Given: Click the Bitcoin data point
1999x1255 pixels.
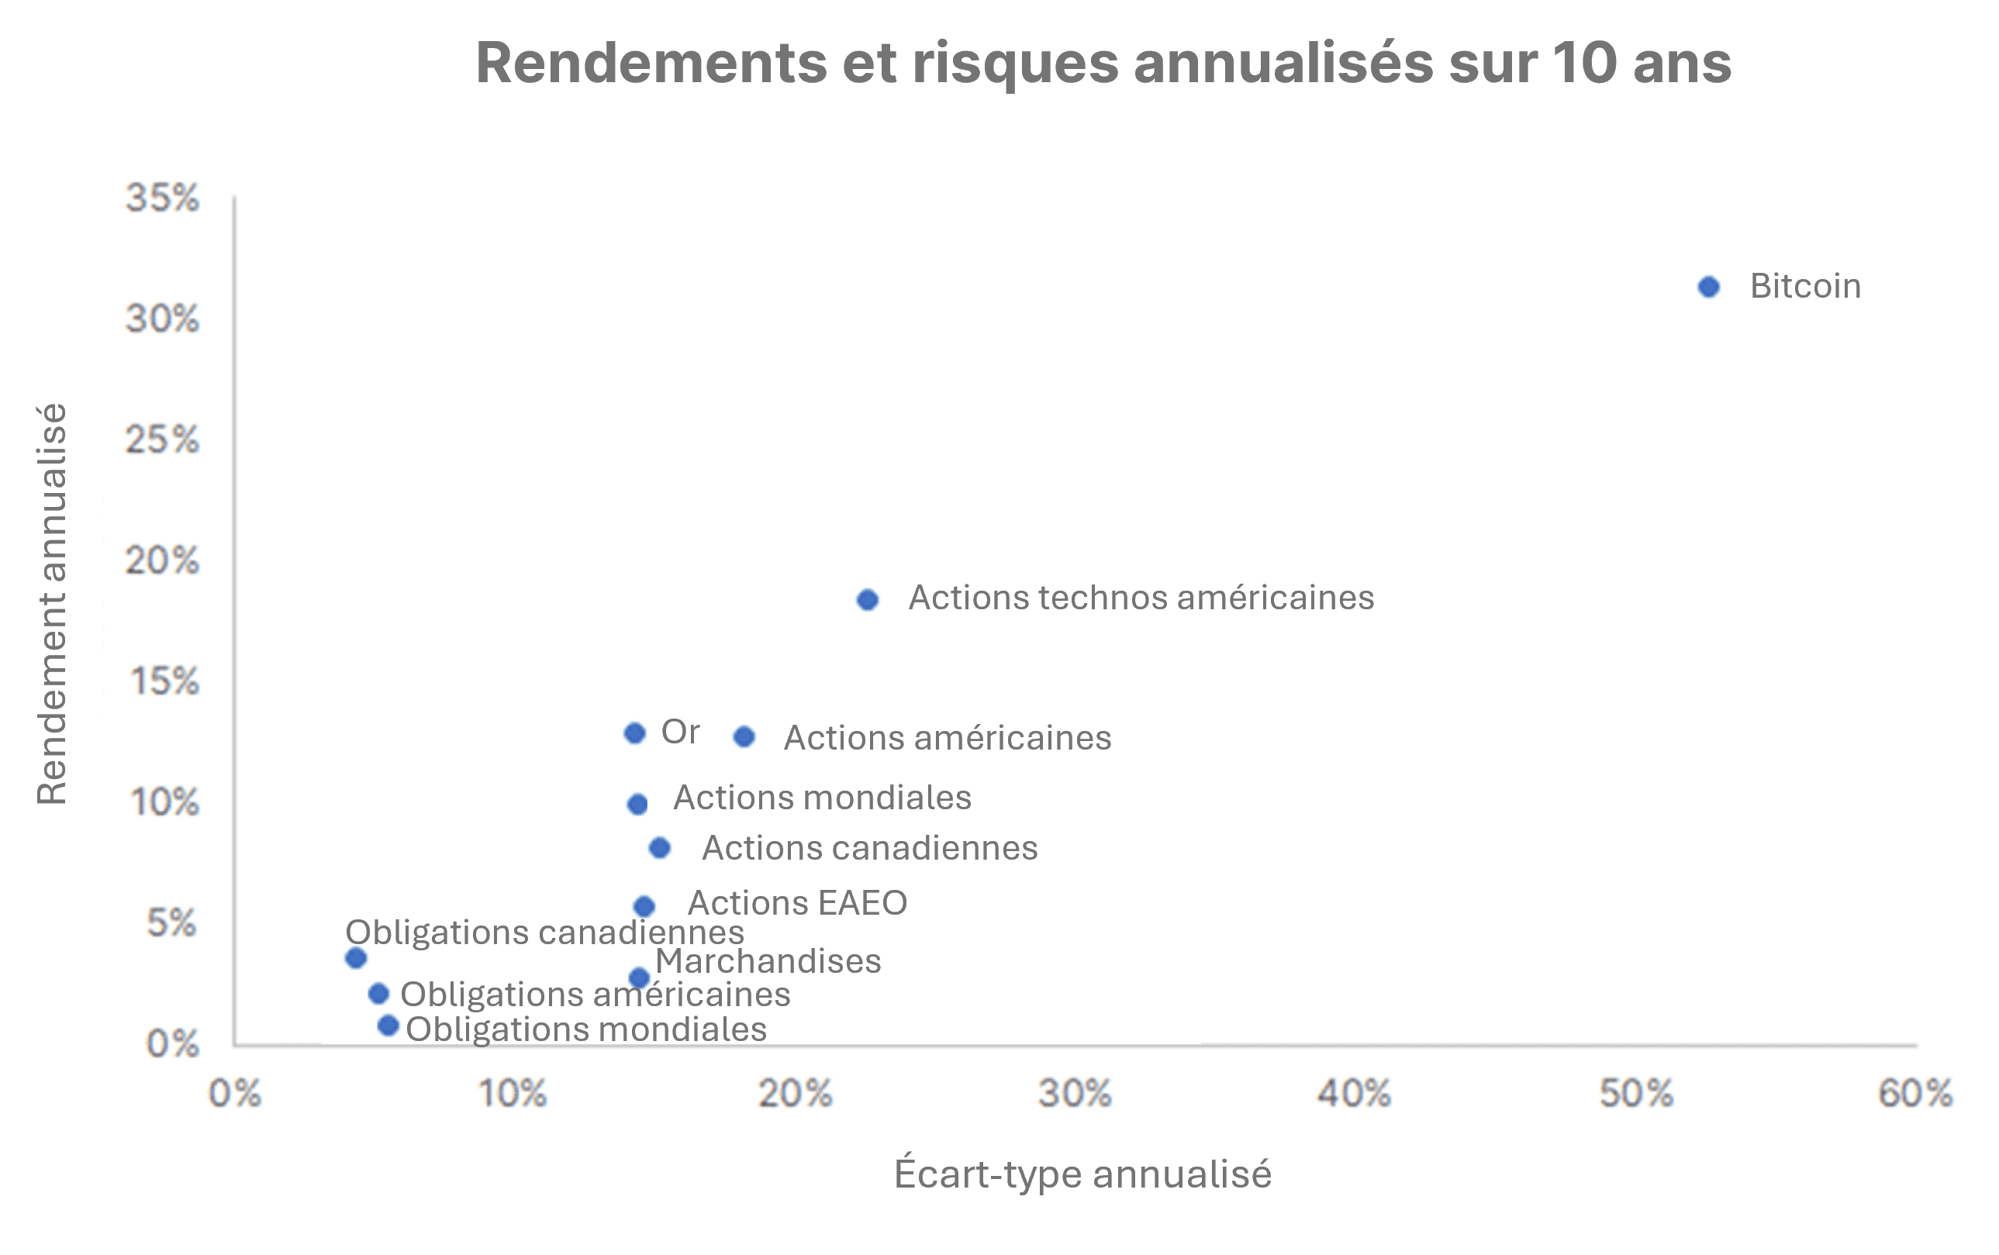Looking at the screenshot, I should coord(1708,287).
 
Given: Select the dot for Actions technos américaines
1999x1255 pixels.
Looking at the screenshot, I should coord(868,600).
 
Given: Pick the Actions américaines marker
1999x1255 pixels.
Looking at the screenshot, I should coord(744,737).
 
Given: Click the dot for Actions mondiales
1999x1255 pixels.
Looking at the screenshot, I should coord(637,805).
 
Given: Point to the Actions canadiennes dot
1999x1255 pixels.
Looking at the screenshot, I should coord(660,848).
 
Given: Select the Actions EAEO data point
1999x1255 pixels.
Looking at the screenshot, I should coord(644,906).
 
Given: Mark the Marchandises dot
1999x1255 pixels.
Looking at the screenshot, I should coord(639,977).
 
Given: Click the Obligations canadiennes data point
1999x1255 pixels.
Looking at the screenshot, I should coord(356,959).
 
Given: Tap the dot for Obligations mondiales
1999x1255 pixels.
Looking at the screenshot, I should coord(388,1026).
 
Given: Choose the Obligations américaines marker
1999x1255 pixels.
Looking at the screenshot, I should coord(378,994).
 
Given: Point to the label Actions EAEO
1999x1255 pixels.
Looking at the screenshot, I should coord(797,903).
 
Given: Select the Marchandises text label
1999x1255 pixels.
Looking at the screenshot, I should coord(768,961).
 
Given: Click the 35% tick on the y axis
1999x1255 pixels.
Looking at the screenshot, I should coord(163,198).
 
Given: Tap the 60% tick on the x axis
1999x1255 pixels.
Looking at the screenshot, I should coord(1915,1094).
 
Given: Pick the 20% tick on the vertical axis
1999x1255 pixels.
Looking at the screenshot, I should coord(163,561).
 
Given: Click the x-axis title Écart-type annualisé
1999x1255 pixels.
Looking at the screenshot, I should coord(1082,1174).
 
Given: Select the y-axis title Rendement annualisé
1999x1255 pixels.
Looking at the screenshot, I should coord(51,605).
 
